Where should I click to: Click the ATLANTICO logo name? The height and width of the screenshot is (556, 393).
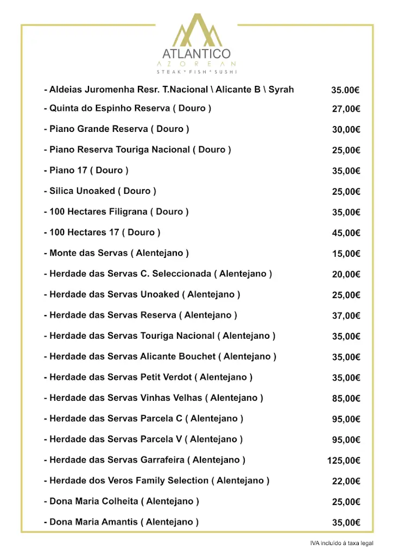click(196, 54)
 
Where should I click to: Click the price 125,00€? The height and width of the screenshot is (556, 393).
click(344, 460)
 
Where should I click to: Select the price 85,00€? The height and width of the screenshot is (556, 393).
click(346, 399)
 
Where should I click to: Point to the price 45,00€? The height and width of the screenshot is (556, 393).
click(346, 233)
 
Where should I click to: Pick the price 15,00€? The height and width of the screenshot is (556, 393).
click(346, 254)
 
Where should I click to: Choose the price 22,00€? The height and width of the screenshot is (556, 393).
click(346, 481)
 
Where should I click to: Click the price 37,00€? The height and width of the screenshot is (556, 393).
click(346, 315)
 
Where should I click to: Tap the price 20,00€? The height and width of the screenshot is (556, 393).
click(346, 274)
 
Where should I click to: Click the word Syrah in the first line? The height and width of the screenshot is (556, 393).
click(281, 89)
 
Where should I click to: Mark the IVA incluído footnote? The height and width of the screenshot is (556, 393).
click(341, 543)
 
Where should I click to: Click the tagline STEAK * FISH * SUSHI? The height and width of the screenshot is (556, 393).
click(196, 72)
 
